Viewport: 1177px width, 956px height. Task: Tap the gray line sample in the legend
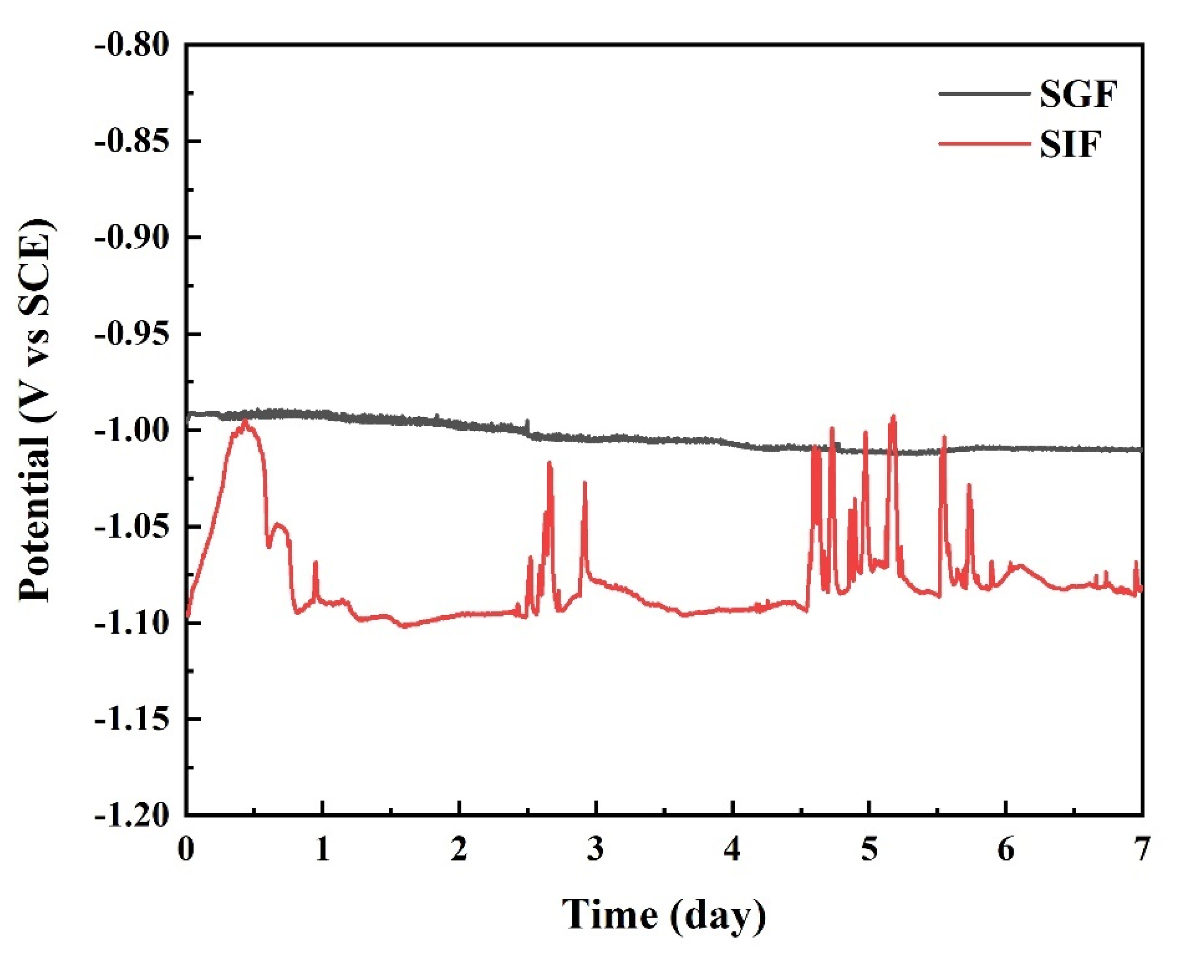pos(983,93)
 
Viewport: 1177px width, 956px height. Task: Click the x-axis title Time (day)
pos(664,914)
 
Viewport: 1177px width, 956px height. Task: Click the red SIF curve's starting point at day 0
pos(187,616)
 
